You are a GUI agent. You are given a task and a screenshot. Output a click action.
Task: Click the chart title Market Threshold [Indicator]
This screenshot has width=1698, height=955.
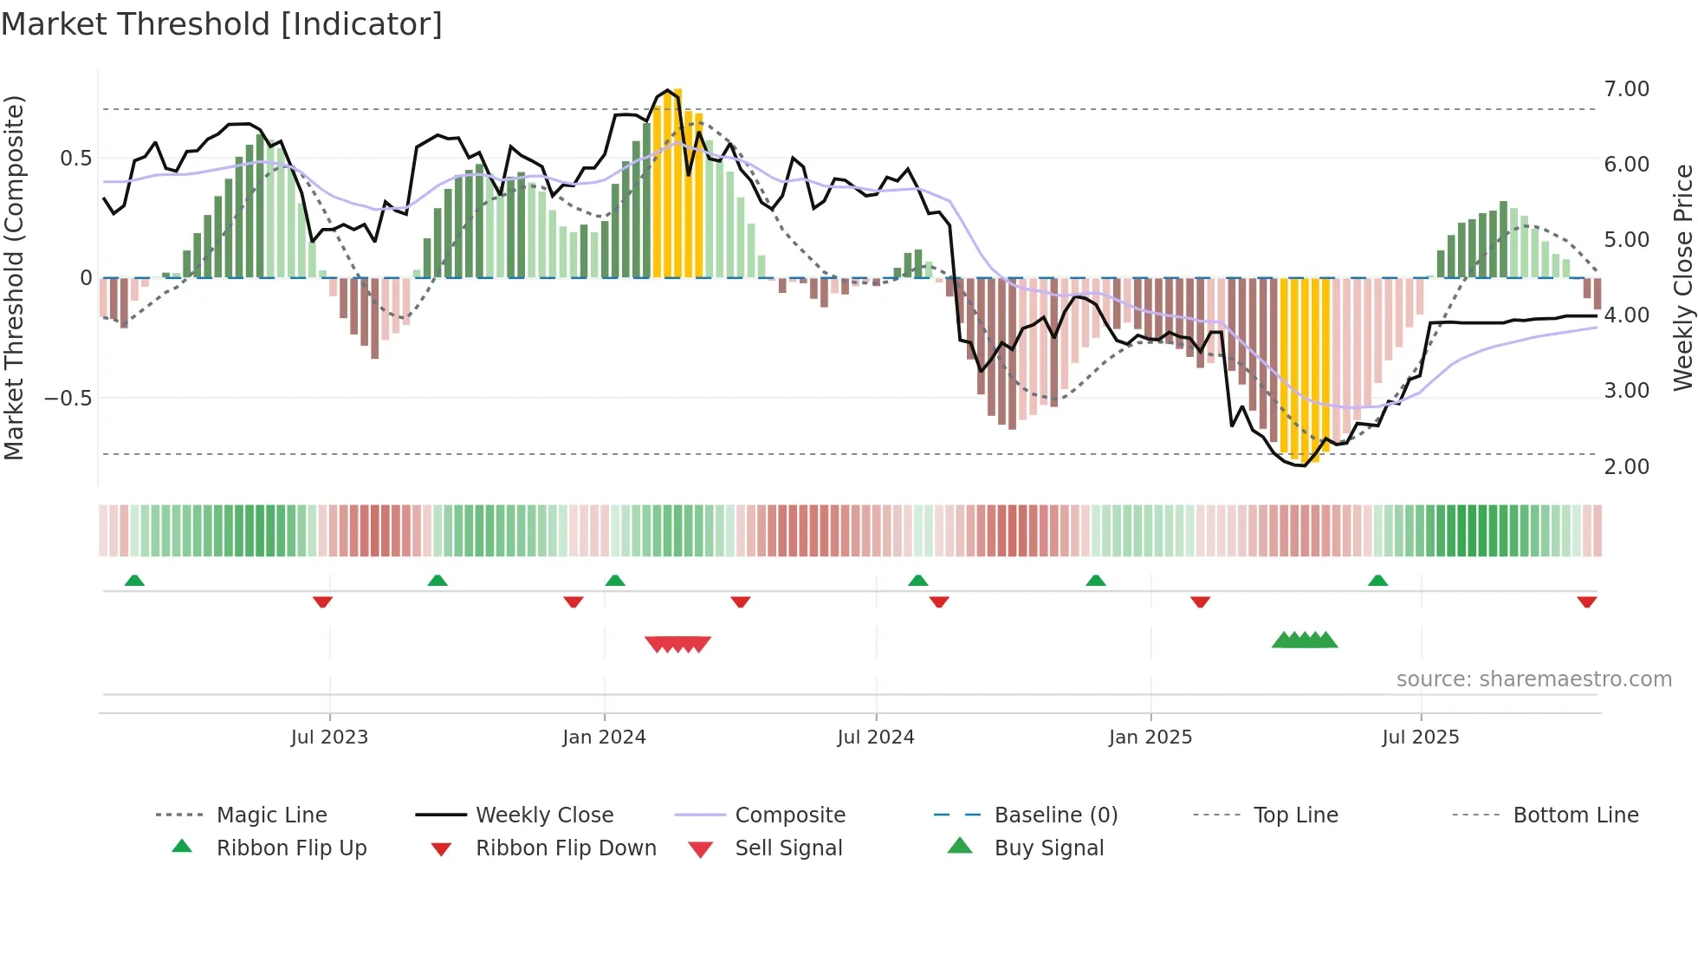tap(222, 24)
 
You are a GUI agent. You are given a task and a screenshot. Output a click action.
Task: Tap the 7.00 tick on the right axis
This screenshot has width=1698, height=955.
tap(1626, 89)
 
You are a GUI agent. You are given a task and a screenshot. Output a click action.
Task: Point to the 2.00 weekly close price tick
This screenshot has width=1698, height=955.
tap(1626, 467)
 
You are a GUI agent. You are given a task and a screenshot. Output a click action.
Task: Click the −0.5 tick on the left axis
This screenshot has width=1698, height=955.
tap(68, 399)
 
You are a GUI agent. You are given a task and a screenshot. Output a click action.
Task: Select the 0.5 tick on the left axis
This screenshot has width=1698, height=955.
tap(75, 159)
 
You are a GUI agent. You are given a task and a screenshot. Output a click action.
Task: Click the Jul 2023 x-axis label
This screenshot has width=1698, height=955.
tap(329, 737)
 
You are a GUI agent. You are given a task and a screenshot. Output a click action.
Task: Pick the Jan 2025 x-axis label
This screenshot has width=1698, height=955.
tap(1150, 737)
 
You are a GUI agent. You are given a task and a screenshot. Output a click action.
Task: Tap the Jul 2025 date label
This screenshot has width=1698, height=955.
tap(1420, 737)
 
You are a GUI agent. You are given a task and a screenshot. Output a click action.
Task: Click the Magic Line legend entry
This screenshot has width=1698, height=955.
tap(271, 815)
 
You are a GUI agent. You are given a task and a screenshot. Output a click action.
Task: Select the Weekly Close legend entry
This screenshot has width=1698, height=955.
tap(544, 815)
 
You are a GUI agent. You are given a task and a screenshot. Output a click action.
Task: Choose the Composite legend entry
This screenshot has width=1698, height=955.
tap(790, 815)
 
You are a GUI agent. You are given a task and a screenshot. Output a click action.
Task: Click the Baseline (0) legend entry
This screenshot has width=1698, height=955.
tap(1055, 815)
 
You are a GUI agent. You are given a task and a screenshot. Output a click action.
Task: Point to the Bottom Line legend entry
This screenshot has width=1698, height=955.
tap(1575, 815)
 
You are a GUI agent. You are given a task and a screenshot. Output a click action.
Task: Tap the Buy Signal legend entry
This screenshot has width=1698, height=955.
tap(1048, 848)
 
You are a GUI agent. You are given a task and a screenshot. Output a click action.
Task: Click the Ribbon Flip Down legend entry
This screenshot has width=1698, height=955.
tap(566, 848)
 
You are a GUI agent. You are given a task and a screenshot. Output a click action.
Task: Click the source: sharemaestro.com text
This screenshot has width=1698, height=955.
tap(1533, 679)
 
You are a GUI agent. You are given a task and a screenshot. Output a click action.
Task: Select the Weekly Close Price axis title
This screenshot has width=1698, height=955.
tap(1682, 277)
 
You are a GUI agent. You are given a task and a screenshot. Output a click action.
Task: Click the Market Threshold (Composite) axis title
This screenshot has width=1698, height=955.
tap(14, 277)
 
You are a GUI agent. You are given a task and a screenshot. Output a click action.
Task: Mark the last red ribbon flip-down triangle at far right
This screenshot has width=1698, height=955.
tap(1586, 601)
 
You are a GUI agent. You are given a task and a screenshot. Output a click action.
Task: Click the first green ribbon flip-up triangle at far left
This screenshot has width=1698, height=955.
tap(134, 581)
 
